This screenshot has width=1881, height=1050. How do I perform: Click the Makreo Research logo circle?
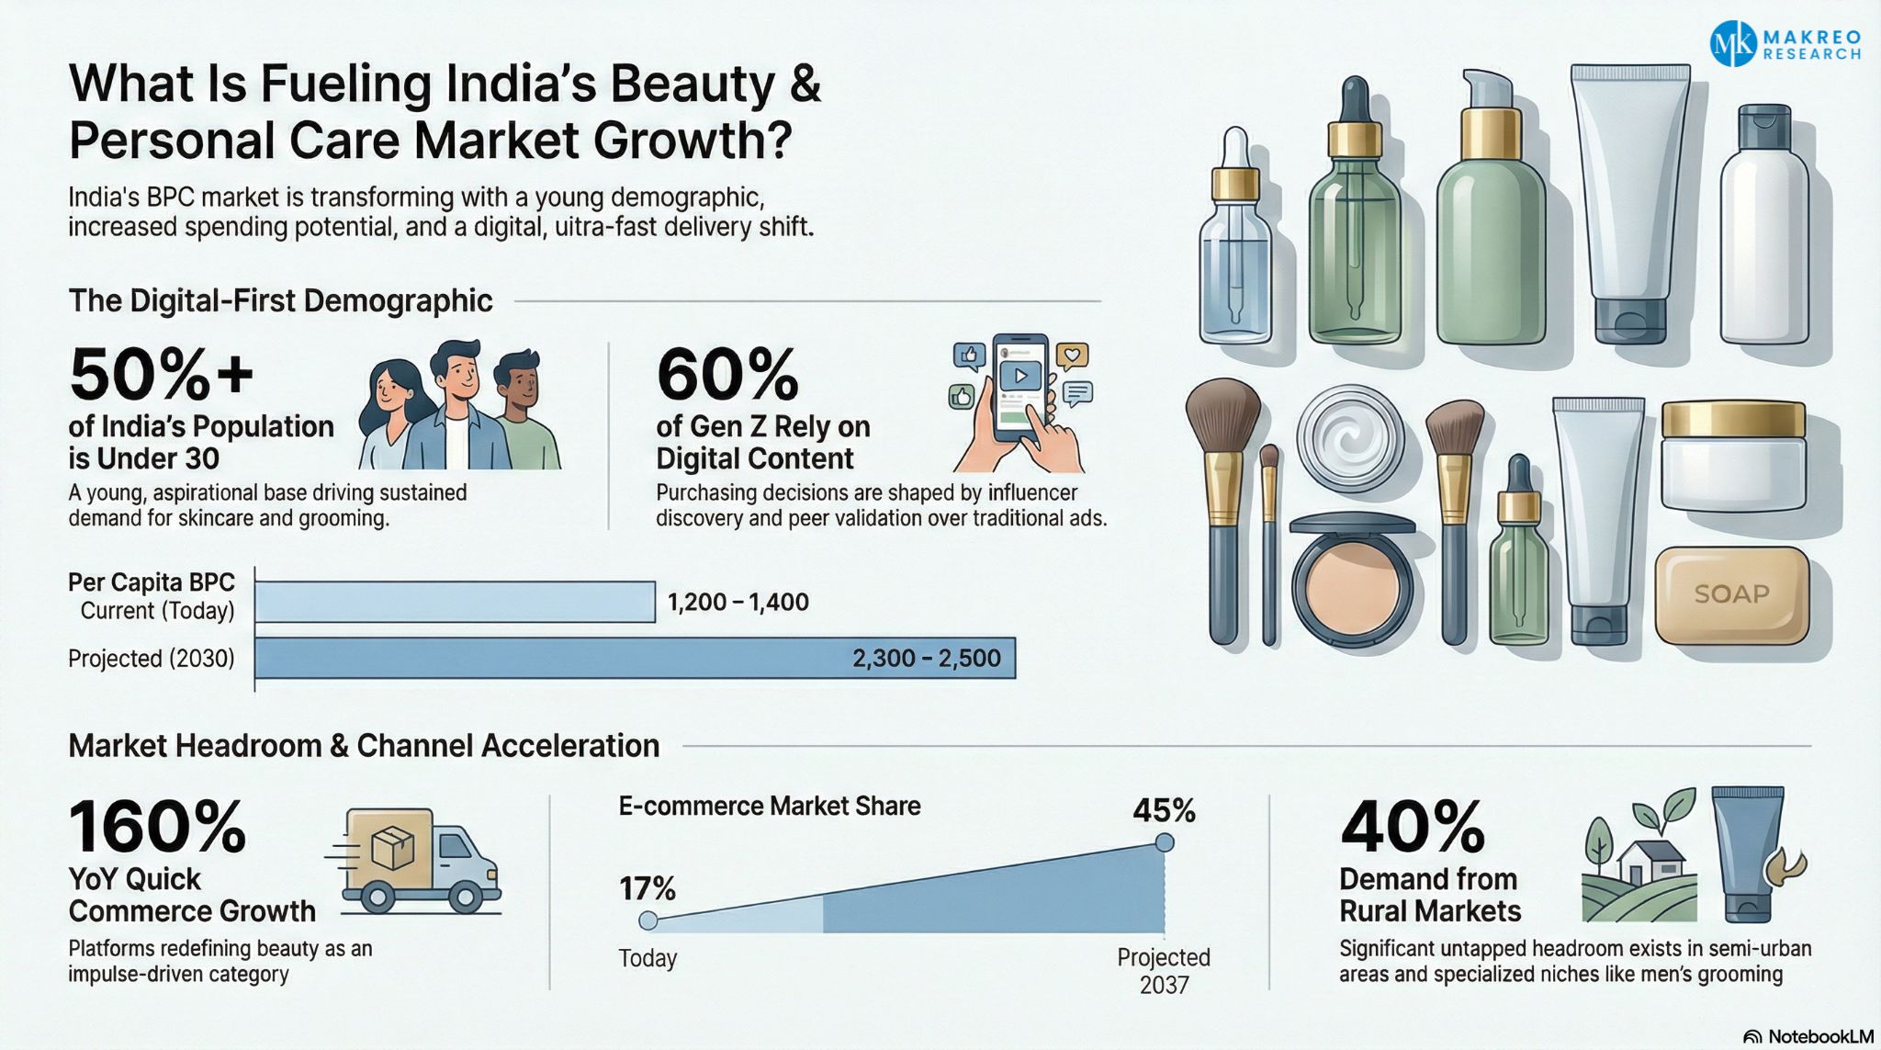coord(1733,43)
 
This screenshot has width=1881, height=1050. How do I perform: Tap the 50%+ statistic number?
coord(161,375)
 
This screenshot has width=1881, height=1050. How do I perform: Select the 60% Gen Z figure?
coord(727,375)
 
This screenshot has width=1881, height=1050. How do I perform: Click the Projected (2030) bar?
coord(635,658)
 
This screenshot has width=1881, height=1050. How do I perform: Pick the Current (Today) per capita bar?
coord(455,602)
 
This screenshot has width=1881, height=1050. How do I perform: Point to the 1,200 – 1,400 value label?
coord(738,603)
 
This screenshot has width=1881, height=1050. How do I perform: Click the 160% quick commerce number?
coord(157,827)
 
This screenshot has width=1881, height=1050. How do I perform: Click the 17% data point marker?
coord(648,920)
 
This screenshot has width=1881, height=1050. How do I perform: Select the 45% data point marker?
coord(1164,842)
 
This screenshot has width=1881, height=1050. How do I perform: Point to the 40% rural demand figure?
coord(1412,827)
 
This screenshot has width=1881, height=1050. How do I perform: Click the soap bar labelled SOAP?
coord(1731,594)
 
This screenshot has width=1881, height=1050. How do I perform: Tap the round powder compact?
coord(1352,581)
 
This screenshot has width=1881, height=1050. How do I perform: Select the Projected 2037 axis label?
coord(1164,971)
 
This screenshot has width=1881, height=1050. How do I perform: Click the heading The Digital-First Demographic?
coord(280,300)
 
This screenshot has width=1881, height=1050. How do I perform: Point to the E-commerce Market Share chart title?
coord(769,806)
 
